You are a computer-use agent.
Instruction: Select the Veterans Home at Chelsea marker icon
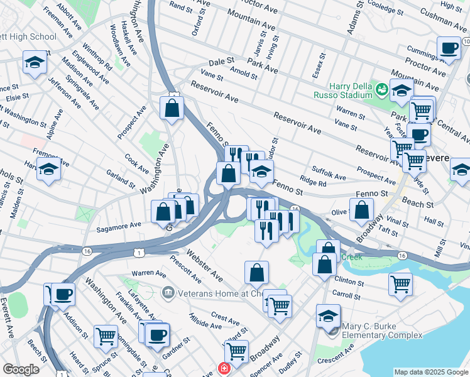click(x=167, y=292)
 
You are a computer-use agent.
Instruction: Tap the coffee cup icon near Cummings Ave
click(x=449, y=48)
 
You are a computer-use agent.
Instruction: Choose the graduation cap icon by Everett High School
click(x=35, y=62)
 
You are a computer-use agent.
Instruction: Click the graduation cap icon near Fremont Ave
click(x=48, y=168)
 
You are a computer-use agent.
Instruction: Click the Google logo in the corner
click(x=21, y=369)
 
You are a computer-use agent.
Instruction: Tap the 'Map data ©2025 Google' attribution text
click(x=430, y=372)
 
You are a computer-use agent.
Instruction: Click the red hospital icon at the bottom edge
click(x=222, y=369)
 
